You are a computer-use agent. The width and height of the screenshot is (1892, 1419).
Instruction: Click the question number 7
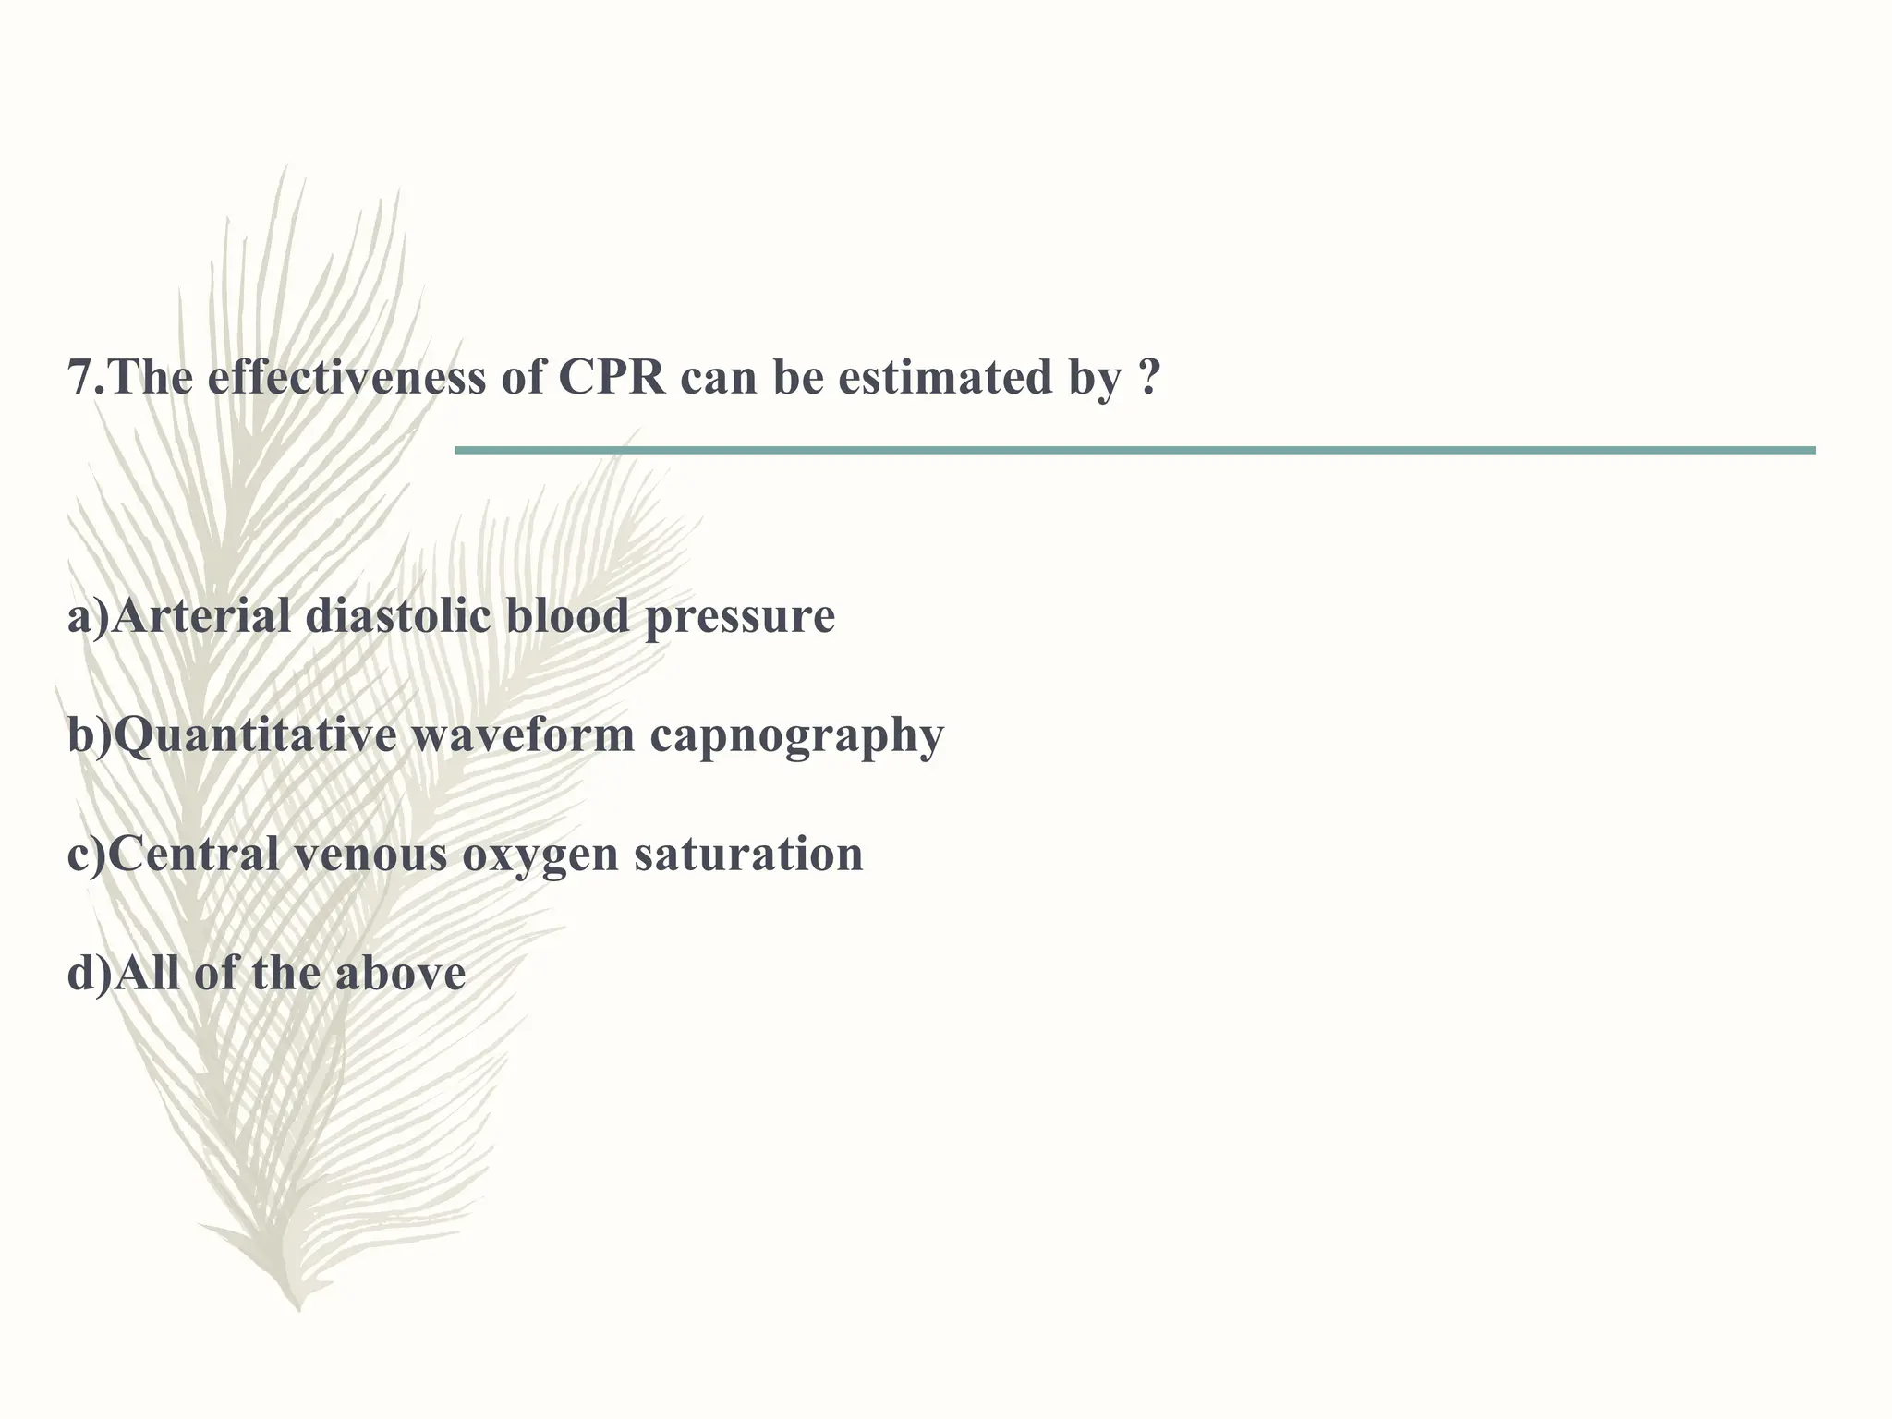point(81,378)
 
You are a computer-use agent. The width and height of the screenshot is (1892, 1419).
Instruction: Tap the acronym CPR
point(611,378)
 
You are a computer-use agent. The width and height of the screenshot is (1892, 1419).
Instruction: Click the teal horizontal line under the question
point(1134,450)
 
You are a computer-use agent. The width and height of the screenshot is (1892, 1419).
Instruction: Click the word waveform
point(523,735)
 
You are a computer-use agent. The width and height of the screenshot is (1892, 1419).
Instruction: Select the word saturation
point(748,854)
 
